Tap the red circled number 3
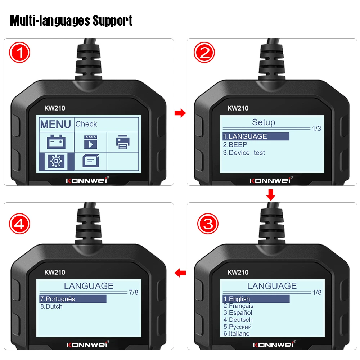coord(208,224)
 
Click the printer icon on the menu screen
coord(123,141)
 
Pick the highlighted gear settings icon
coord(57,161)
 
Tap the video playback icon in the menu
coord(90,142)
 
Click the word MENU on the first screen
coord(55,124)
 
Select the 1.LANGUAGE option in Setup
coord(245,136)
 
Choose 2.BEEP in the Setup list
coord(235,144)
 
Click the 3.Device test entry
coord(244,153)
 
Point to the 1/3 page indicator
coord(316,129)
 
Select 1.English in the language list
coord(237,299)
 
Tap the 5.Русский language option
coord(237,327)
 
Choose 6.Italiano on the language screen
coord(237,333)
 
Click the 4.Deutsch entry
coord(238,320)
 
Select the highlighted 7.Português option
coord(58,299)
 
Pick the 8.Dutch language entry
coord(51,306)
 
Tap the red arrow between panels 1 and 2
coord(180,114)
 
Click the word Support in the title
coord(112,21)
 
